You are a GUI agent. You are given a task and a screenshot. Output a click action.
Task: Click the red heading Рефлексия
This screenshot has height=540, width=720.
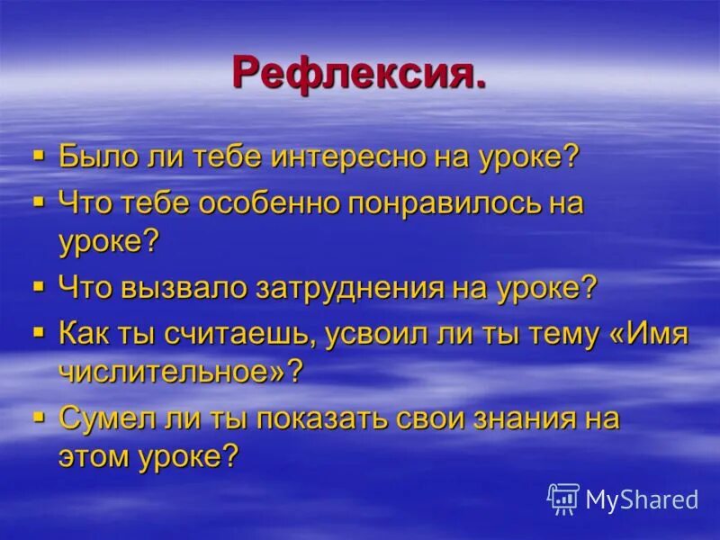pyautogui.click(x=359, y=72)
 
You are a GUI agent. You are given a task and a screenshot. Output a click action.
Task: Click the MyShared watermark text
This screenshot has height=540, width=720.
pyautogui.click(x=642, y=499)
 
